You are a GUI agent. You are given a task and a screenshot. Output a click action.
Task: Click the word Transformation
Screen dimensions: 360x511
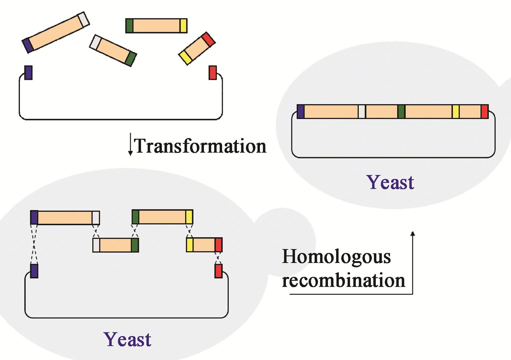coord(200,146)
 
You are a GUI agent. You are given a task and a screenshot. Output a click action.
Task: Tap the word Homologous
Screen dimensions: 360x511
coord(336,257)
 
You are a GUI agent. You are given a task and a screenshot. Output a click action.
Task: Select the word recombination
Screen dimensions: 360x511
coord(343,280)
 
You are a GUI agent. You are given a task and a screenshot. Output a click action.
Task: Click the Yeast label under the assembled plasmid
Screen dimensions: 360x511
coord(390,182)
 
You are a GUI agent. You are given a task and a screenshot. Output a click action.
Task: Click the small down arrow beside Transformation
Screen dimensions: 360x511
coord(130,145)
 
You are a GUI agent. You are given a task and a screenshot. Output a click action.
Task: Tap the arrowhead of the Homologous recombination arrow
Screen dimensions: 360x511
coord(413,234)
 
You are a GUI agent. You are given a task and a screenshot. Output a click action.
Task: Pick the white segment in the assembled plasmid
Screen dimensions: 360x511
coord(362,112)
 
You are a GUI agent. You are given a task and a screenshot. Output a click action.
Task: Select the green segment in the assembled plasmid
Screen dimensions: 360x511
coord(401,112)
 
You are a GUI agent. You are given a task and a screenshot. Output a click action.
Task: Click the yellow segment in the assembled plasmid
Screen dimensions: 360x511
coord(456,112)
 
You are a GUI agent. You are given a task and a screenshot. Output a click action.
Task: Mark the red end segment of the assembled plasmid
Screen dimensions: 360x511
coord(485,112)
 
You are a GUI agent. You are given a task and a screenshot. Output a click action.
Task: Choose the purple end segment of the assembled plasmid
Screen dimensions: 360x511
coord(301,112)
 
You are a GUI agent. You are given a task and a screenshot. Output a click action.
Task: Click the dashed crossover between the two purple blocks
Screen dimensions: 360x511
coord(34,244)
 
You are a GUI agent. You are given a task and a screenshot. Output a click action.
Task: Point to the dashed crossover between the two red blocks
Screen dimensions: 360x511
coord(218,258)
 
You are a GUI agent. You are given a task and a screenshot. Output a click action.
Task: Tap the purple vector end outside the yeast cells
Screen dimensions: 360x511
coord(28,73)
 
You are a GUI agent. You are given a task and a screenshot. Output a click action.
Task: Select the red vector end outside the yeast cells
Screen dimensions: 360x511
coord(212,73)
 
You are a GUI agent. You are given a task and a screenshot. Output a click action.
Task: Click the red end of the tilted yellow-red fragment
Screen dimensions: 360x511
coord(208,39)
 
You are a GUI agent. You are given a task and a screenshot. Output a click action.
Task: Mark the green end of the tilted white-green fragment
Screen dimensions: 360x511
coord(131,59)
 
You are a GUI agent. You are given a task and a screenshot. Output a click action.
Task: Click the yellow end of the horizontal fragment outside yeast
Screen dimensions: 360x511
coord(183,26)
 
